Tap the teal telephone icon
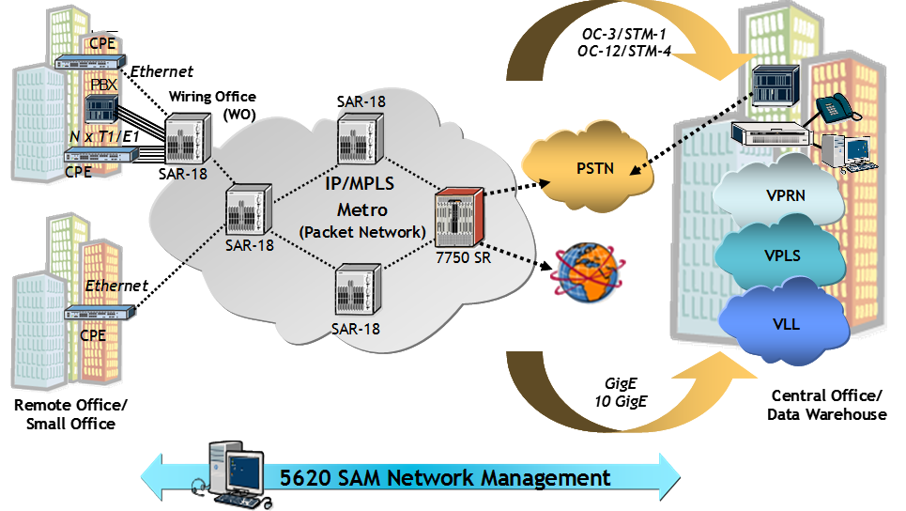833,106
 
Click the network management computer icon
232,471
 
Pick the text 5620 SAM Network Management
445,477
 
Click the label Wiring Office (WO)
212,104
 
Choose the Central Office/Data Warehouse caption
826,405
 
